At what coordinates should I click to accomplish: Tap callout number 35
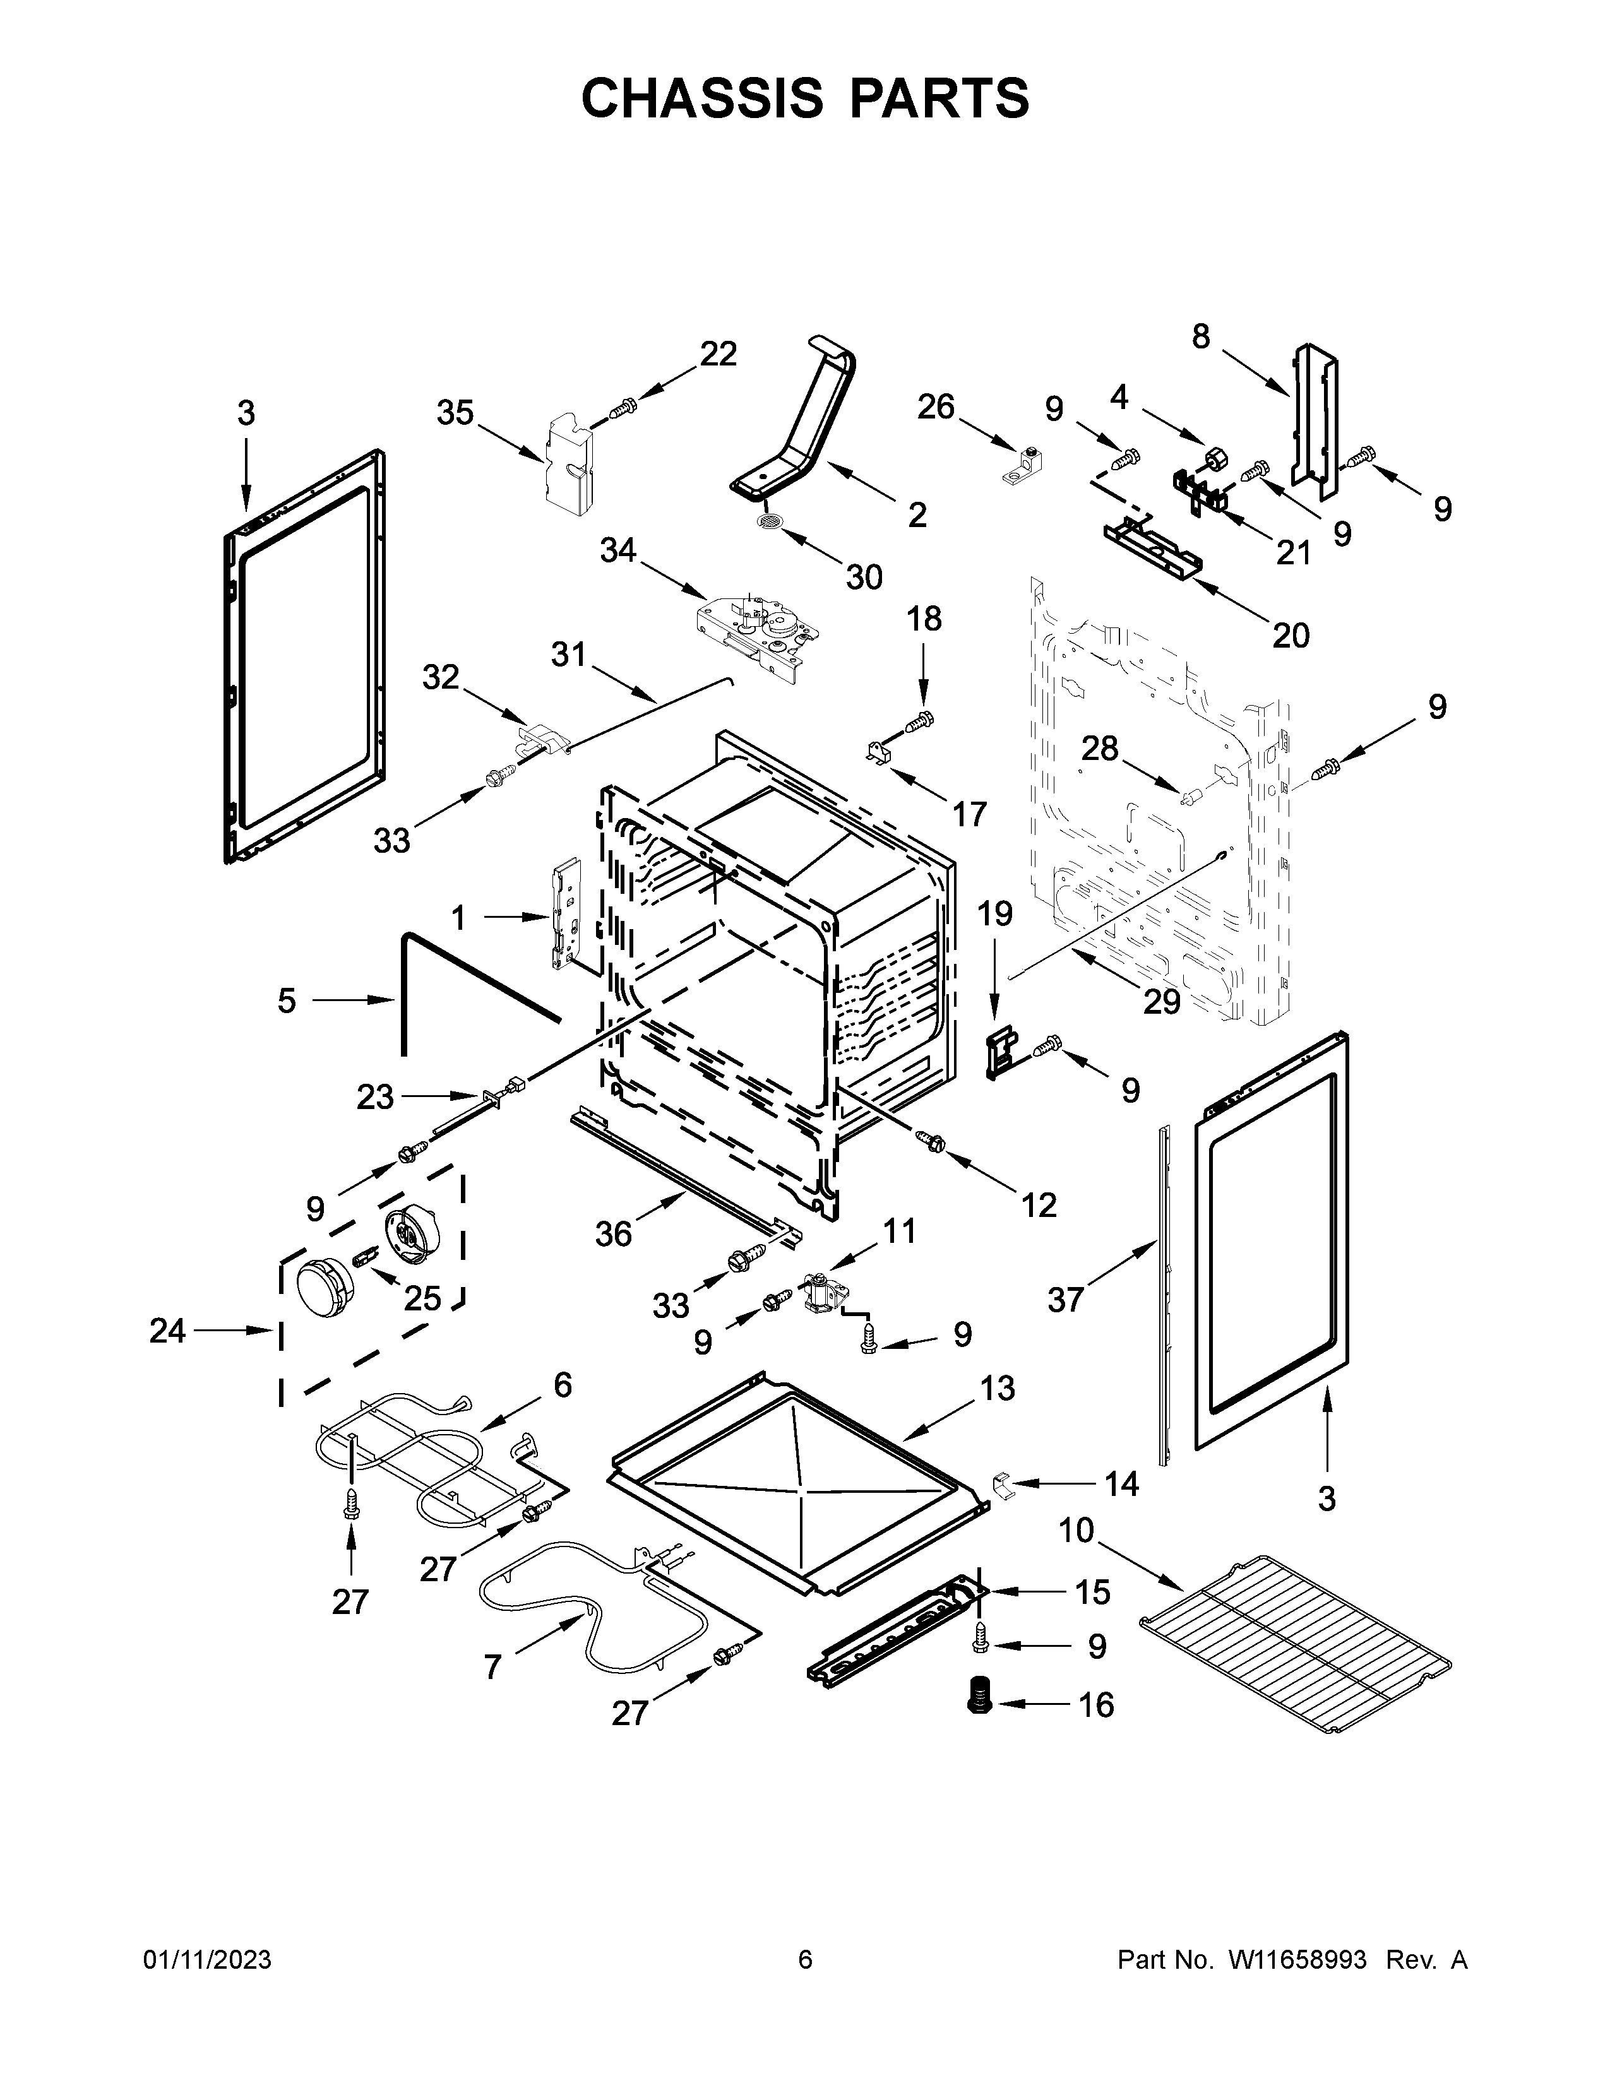pyautogui.click(x=455, y=413)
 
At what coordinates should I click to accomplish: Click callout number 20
pyautogui.click(x=1291, y=634)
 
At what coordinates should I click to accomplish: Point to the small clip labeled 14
pyautogui.click(x=1001, y=1484)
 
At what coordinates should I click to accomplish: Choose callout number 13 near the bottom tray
pyautogui.click(x=997, y=1387)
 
